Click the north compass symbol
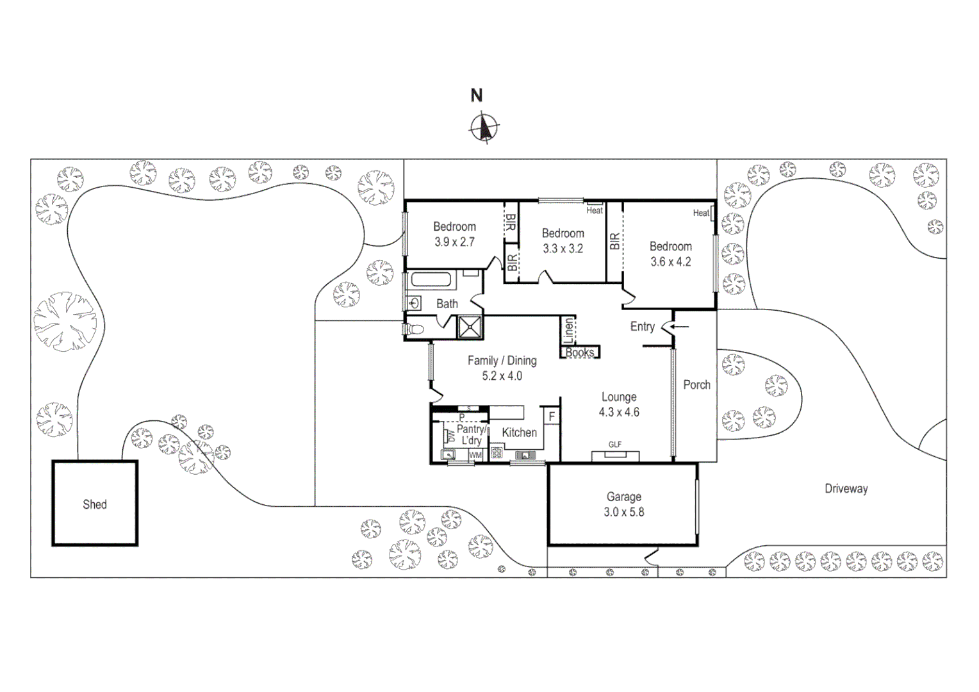485,127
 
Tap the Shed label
95,505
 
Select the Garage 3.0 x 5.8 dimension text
623,512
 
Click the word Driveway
846,489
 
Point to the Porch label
696,385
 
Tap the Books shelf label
580,352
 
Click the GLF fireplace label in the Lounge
615,445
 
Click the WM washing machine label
475,455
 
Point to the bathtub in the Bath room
433,280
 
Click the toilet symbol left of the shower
415,329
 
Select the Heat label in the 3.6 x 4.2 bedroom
702,213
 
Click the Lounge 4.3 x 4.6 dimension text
619,412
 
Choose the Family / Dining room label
502,361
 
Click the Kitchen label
519,432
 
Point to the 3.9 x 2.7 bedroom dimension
454,242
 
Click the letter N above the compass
477,96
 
